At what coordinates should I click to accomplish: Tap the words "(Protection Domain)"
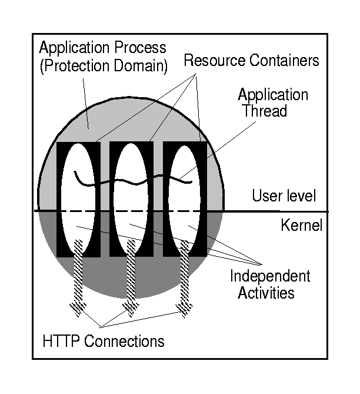pyautogui.click(x=104, y=65)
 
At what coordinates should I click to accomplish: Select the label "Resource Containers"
pyautogui.click(x=251, y=61)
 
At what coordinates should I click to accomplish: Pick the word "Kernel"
pyautogui.click(x=302, y=226)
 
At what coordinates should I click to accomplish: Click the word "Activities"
pyautogui.click(x=266, y=293)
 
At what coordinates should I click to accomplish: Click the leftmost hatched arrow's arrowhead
pyautogui.click(x=78, y=307)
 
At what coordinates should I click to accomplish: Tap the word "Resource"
pyautogui.click(x=214, y=61)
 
